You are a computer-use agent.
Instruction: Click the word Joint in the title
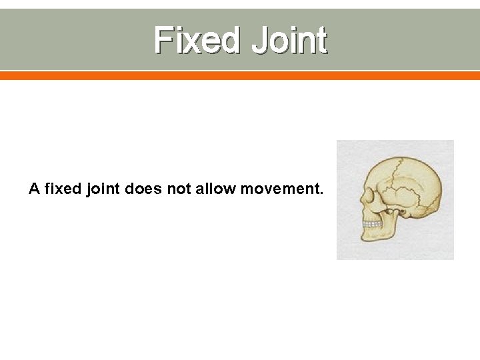coord(290,40)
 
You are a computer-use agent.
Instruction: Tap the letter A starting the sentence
coord(35,189)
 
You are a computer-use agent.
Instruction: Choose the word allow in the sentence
coord(216,189)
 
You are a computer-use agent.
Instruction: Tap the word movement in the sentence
coord(279,189)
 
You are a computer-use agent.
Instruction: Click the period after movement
coord(321,193)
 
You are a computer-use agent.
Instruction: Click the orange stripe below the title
coord(240,76)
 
